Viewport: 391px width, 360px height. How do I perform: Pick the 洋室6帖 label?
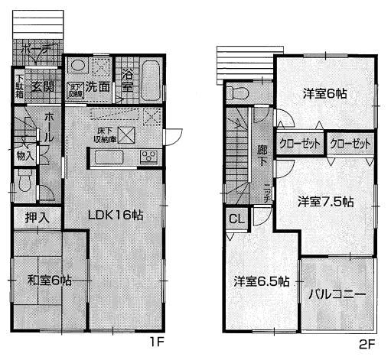[x=324, y=95]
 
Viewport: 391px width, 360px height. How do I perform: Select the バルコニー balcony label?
[x=337, y=294]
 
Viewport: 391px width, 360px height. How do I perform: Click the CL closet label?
[x=236, y=219]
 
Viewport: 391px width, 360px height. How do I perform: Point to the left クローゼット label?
[x=300, y=143]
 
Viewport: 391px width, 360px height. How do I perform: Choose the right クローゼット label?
[x=350, y=143]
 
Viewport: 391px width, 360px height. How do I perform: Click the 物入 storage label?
[x=24, y=155]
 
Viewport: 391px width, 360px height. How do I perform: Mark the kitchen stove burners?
[x=148, y=158]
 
